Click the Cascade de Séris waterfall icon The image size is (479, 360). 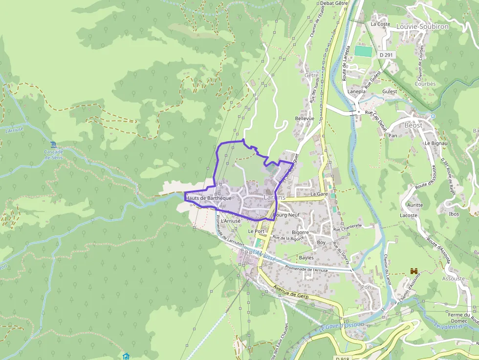(x=53, y=145)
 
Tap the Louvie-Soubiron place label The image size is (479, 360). (x=423, y=27)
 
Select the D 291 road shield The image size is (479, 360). (x=386, y=55)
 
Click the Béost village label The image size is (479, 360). (x=413, y=125)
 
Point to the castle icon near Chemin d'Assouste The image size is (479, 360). (x=414, y=271)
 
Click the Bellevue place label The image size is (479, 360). (x=304, y=119)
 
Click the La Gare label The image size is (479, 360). (x=319, y=194)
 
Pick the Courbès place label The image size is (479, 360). (x=425, y=84)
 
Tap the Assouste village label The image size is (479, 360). (x=453, y=278)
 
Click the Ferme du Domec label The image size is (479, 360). (x=455, y=318)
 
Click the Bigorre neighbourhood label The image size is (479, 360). (x=300, y=233)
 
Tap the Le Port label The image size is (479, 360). (x=256, y=232)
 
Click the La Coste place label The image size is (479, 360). (x=380, y=24)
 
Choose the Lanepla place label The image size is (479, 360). (x=356, y=91)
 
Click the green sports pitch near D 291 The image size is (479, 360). (x=362, y=51)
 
